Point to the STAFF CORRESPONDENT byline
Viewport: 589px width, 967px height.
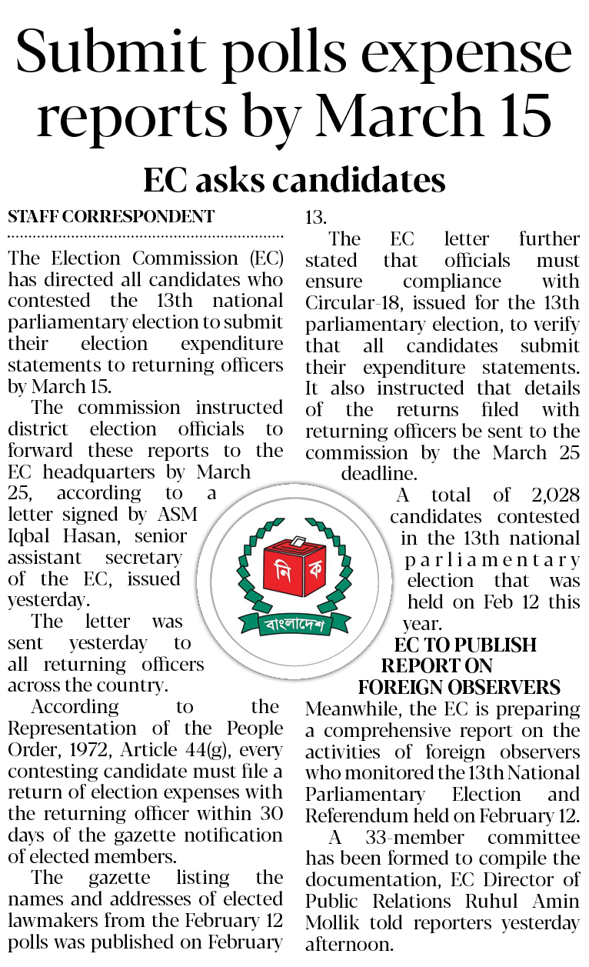[111, 217]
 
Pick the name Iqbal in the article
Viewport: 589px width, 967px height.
[28, 535]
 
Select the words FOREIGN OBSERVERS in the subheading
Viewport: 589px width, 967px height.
[459, 686]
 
